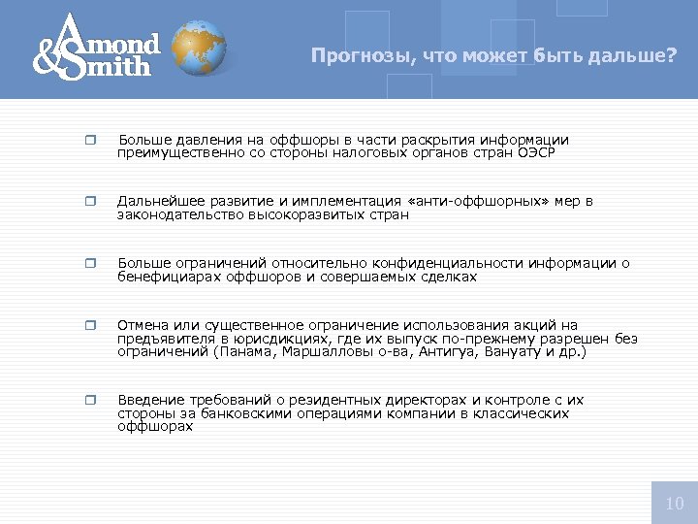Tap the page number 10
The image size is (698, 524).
point(675,503)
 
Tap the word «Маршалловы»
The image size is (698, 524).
point(329,351)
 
